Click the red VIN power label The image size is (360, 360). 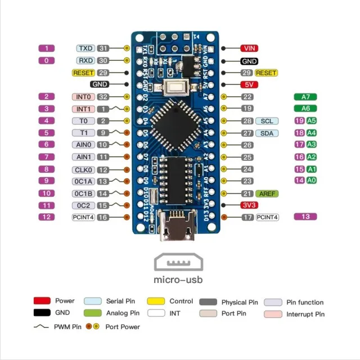click(x=249, y=48)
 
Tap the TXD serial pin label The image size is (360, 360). click(x=86, y=48)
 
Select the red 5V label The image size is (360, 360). click(x=249, y=85)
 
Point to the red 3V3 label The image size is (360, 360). click(x=249, y=205)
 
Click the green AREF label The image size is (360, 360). click(x=267, y=193)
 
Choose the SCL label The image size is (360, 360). click(x=267, y=121)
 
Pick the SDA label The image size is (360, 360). click(x=267, y=133)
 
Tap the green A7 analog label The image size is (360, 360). click(x=305, y=97)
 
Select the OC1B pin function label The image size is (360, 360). click(x=83, y=193)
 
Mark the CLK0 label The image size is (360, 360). click(x=83, y=169)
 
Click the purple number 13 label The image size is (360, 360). click(x=305, y=217)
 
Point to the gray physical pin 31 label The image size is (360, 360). click(x=103, y=48)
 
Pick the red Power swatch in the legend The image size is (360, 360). click(x=42, y=301)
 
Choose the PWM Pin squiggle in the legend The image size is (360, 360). click(x=42, y=326)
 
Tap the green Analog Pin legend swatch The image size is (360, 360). click(x=92, y=313)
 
